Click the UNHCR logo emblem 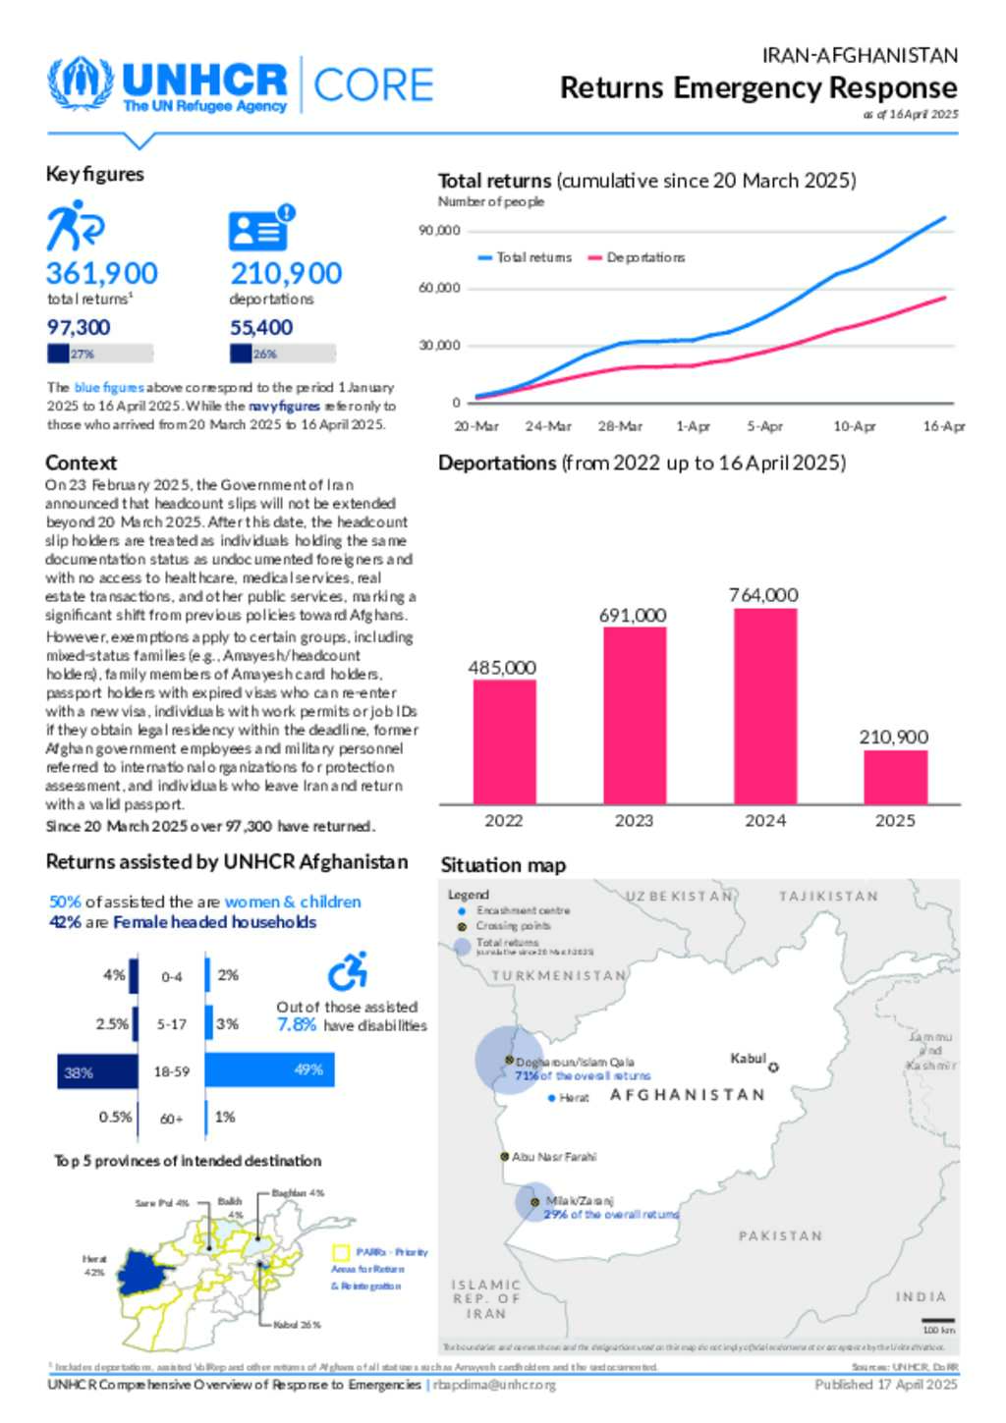pos(81,84)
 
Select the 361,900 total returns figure pos(101,273)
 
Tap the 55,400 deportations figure pos(261,327)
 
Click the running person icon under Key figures pos(75,226)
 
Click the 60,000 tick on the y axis pos(439,288)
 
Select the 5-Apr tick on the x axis pos(764,426)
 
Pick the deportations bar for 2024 pos(765,706)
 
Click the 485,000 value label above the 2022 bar pos(502,668)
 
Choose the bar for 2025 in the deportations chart pos(895,777)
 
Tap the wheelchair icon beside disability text pos(348,971)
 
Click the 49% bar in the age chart pos(269,1069)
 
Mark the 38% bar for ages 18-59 pos(97,1071)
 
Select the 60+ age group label pos(172,1119)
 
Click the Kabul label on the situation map pos(748,1058)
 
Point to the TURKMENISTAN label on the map pos(559,975)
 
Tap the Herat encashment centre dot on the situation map pos(552,1098)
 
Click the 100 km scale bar pos(938,1320)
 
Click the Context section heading pos(81,463)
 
